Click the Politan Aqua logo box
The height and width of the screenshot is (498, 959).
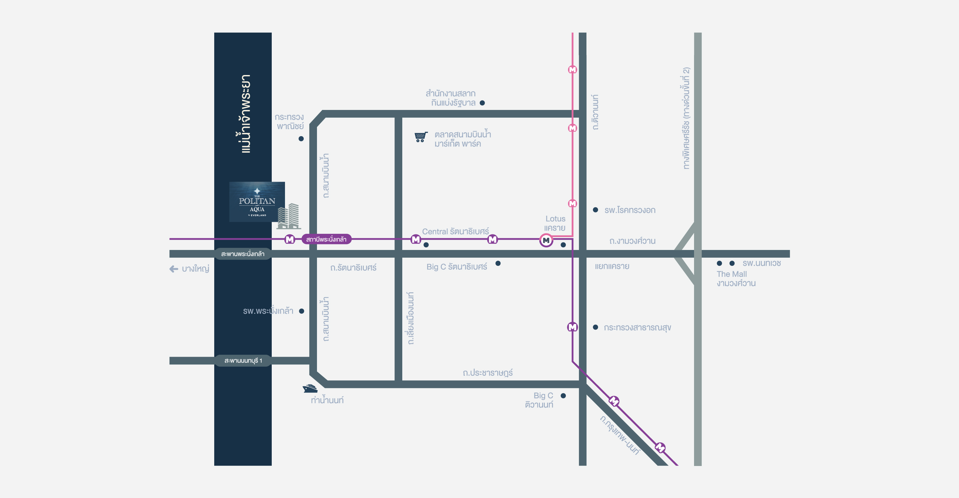pyautogui.click(x=257, y=202)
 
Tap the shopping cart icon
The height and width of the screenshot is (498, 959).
pyautogui.click(x=421, y=137)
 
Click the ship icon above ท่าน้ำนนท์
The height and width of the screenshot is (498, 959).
pyautogui.click(x=310, y=388)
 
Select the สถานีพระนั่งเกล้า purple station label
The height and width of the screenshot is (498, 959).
pyautogui.click(x=326, y=239)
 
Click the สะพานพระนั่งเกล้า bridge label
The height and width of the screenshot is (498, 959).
pyautogui.click(x=243, y=254)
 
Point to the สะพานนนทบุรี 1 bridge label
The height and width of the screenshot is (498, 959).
pyautogui.click(x=243, y=361)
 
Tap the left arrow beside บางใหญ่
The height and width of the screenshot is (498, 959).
pyautogui.click(x=174, y=268)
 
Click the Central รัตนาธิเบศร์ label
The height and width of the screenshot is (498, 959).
pyautogui.click(x=455, y=231)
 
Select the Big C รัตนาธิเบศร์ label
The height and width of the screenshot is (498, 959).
pyautogui.click(x=457, y=267)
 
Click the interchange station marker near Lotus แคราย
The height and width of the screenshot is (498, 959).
pyautogui.click(x=546, y=240)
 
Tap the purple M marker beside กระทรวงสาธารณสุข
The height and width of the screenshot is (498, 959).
pyautogui.click(x=573, y=327)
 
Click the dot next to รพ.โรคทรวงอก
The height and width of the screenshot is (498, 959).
pyautogui.click(x=595, y=210)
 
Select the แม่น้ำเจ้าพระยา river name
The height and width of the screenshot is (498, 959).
pyautogui.click(x=245, y=114)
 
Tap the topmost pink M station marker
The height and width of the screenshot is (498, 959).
pyautogui.click(x=573, y=70)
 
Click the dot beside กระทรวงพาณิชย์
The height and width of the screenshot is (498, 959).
pyautogui.click(x=301, y=138)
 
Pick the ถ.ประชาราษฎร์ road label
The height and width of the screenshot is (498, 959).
pyautogui.click(x=488, y=373)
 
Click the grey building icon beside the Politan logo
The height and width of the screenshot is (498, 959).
pyautogui.click(x=289, y=216)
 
